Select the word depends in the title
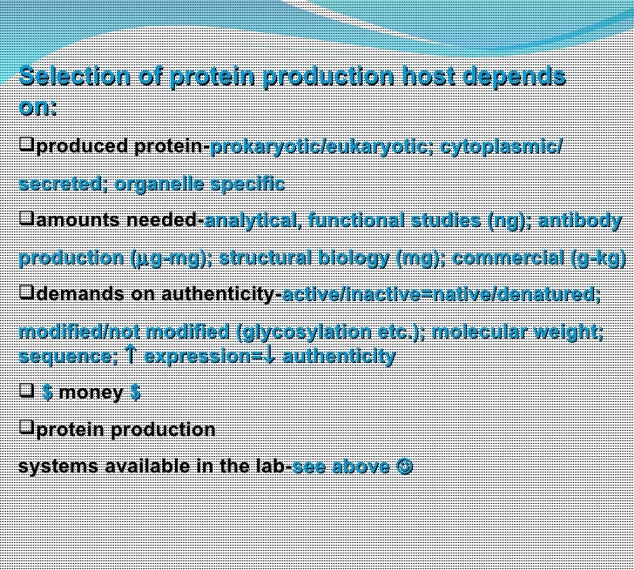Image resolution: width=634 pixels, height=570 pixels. [515, 77]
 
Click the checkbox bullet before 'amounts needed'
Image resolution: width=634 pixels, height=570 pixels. [26, 218]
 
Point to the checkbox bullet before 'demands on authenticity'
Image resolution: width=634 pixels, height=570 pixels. [26, 292]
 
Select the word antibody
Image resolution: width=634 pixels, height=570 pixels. [580, 221]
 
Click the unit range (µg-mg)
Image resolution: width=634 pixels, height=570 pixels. [171, 258]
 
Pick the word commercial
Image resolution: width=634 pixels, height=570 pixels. [508, 258]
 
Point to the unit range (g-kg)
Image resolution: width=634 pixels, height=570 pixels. [598, 258]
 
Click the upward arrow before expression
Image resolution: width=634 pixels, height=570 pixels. [131, 355]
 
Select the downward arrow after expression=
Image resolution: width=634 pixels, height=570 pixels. [271, 355]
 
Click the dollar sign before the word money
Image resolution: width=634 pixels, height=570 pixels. [47, 392]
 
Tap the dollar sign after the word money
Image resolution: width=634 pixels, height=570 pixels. [136, 392]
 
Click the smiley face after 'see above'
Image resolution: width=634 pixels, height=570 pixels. [404, 466]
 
